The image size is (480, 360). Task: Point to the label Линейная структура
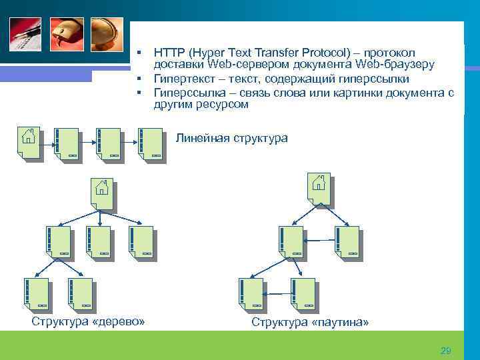coord(231,138)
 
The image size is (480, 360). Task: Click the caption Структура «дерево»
coord(88,322)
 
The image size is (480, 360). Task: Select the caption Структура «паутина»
coord(310,323)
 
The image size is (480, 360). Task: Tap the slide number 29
coord(446,351)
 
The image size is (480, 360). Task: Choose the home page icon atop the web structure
coord(319,188)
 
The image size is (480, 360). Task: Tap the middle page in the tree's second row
coord(98,241)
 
